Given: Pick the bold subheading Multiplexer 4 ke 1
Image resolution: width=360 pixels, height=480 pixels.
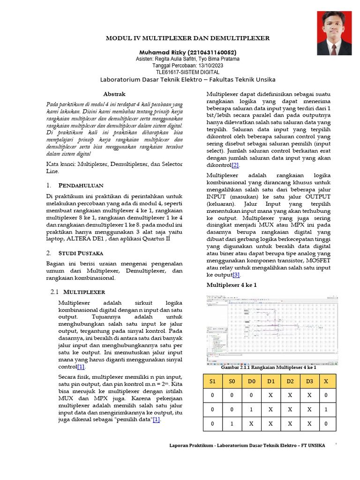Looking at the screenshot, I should coord(232,285).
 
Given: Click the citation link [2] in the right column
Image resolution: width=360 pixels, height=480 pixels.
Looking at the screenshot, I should coord(234,165).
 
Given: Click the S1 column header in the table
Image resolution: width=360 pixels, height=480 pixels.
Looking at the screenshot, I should coord(213,381).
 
